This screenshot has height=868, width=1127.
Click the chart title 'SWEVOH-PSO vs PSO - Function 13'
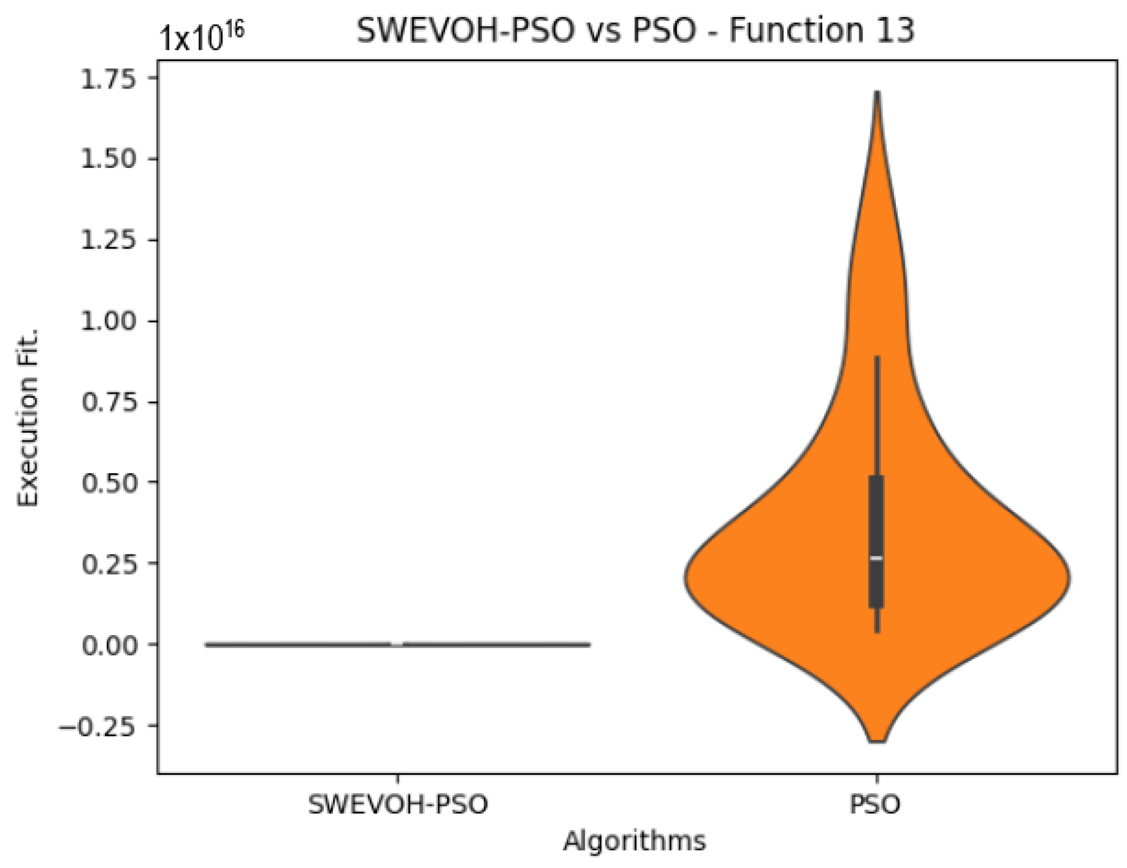tap(635, 30)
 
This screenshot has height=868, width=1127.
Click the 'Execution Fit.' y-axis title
tap(28, 418)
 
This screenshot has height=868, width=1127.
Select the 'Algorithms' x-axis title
tap(634, 841)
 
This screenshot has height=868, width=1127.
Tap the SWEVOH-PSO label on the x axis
tap(397, 804)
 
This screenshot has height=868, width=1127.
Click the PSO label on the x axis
tap(876, 804)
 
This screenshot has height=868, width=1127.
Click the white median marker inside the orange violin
tap(876, 558)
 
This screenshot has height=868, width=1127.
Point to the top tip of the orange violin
tap(877, 94)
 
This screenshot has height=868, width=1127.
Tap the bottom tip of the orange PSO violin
tap(877, 741)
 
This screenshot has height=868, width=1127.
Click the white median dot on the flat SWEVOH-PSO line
tap(397, 644)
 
